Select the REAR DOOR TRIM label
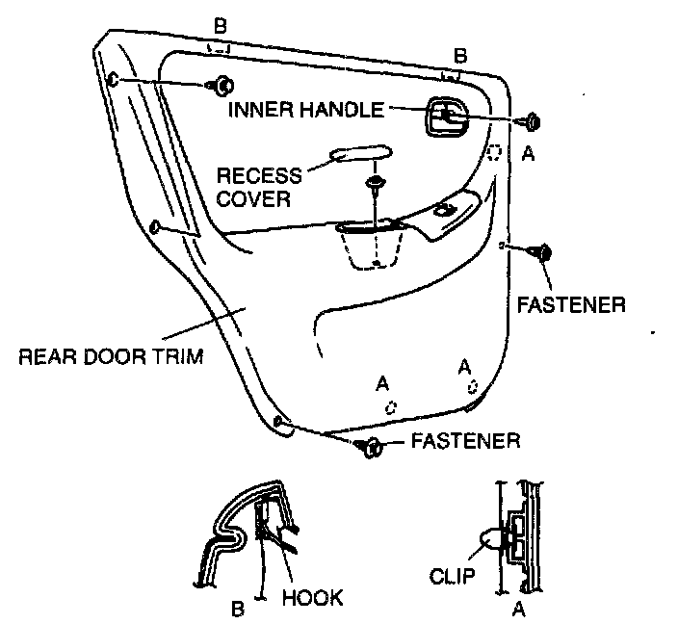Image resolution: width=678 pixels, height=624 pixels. click(112, 357)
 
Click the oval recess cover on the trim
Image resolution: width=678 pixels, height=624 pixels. click(360, 153)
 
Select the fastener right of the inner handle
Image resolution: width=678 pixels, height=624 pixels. click(530, 122)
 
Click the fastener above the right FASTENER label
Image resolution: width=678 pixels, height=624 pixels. click(543, 252)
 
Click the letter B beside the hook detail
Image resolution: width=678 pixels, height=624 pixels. click(236, 609)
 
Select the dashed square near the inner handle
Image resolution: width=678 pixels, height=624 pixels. click(494, 152)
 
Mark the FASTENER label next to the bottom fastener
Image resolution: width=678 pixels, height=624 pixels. click(465, 442)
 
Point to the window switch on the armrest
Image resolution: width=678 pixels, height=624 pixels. click(445, 209)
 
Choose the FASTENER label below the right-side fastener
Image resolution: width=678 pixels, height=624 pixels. click(571, 305)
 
